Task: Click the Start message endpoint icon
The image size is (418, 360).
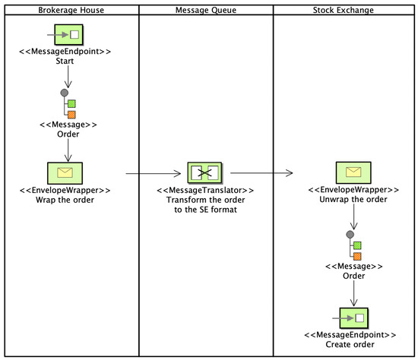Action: click(68, 35)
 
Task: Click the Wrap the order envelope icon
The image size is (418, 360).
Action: click(68, 173)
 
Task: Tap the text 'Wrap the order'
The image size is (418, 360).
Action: click(68, 200)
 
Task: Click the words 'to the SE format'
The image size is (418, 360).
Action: click(205, 210)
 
